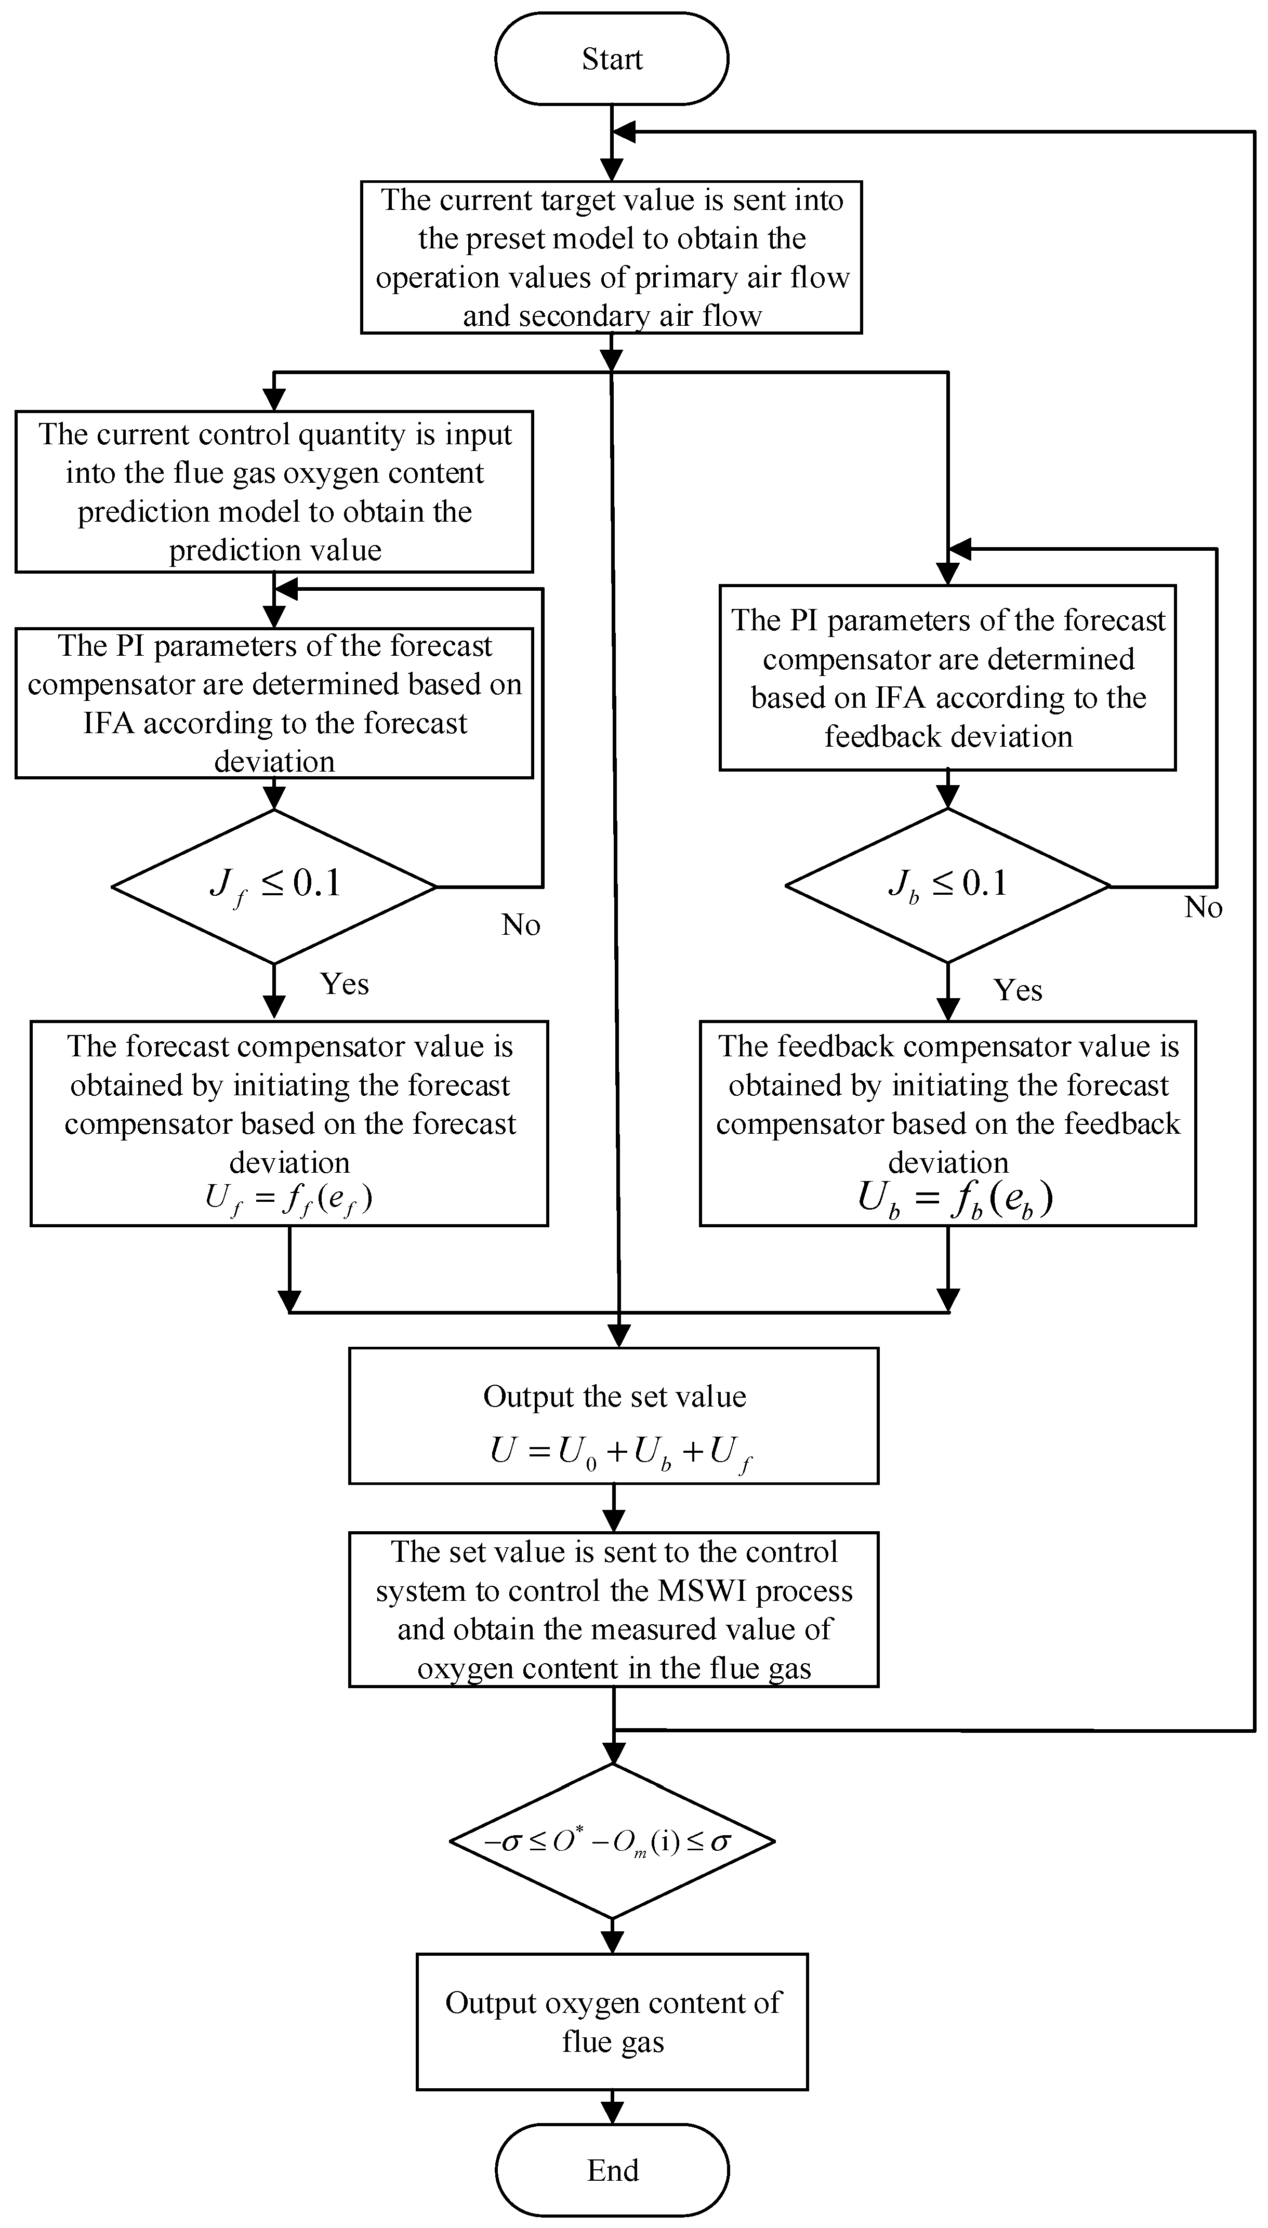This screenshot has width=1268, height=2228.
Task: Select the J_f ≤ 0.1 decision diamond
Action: [274, 886]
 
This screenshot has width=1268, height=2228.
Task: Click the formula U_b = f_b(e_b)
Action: [955, 1199]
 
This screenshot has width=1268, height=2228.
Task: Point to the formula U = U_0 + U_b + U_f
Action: [620, 1451]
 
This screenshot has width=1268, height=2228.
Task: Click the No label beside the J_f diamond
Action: [521, 925]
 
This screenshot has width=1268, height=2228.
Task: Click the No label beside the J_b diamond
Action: [1204, 907]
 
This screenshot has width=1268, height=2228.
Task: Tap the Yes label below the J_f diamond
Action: [345, 984]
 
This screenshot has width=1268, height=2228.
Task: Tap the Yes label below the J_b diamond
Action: [1018, 990]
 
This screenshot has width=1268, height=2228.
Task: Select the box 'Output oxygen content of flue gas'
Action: [612, 2022]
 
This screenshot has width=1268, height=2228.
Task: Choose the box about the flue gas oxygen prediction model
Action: [274, 492]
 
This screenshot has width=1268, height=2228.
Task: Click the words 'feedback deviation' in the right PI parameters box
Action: [948, 737]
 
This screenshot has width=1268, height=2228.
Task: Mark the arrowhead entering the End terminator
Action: [612, 2113]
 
